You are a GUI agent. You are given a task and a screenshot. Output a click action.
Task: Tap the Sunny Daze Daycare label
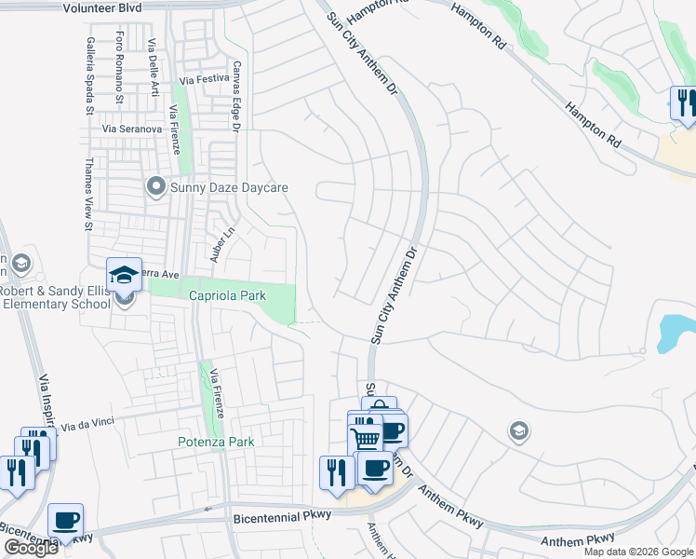point(230,187)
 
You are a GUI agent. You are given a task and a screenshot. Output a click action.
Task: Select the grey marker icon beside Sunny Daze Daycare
point(155,188)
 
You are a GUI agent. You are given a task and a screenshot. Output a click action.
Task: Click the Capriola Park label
point(228,295)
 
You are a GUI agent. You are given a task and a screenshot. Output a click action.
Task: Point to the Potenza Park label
point(216,442)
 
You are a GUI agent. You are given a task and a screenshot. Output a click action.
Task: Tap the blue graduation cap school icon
point(124,275)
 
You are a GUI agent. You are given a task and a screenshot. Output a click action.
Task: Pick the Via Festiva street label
point(205,80)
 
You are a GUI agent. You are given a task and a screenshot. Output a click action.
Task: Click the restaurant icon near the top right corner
point(684,102)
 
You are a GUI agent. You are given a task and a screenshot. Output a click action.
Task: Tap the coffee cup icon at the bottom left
point(65,520)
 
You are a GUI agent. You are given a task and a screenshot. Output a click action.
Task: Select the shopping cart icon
point(366,439)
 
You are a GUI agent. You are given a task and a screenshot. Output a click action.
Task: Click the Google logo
point(31,548)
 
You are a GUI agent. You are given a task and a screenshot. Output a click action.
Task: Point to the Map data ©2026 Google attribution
point(638,552)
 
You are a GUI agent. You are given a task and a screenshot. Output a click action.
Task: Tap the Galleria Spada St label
point(90,63)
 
